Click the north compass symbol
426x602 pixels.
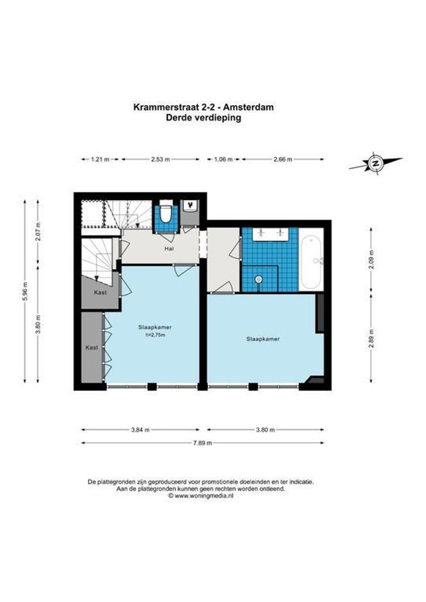(376, 163)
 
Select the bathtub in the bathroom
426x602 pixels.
(310, 259)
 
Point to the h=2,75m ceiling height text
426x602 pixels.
(155, 335)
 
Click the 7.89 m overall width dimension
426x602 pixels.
(203, 443)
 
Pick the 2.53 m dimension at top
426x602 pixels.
(160, 159)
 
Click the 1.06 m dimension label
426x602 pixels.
(223, 159)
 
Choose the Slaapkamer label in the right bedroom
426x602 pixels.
(263, 338)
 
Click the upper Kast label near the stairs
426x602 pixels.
(100, 292)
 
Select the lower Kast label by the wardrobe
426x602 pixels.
(92, 347)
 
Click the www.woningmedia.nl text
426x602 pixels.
(203, 494)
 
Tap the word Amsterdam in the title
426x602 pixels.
(250, 108)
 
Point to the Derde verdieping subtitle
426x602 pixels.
(203, 118)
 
